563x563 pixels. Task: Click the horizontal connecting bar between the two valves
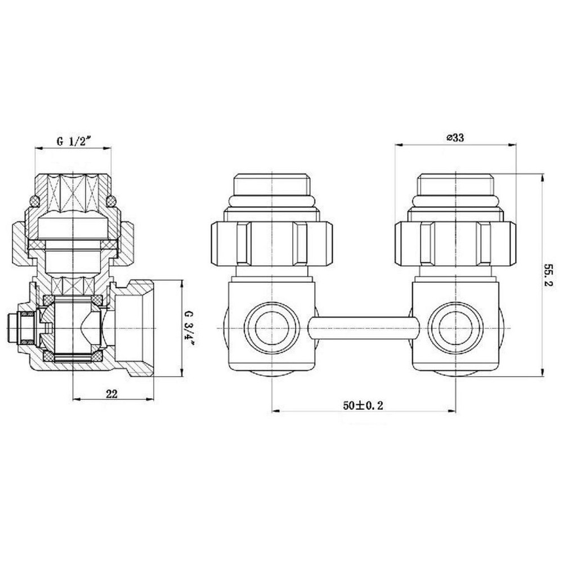(364, 328)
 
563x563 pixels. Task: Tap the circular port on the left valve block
(272, 328)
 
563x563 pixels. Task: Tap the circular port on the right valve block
(455, 328)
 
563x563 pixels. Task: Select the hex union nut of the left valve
(272, 243)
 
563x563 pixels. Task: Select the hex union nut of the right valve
(455, 243)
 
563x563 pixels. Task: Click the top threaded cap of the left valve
(272, 184)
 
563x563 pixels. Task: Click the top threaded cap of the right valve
(455, 184)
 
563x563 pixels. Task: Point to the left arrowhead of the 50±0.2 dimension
(275, 411)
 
